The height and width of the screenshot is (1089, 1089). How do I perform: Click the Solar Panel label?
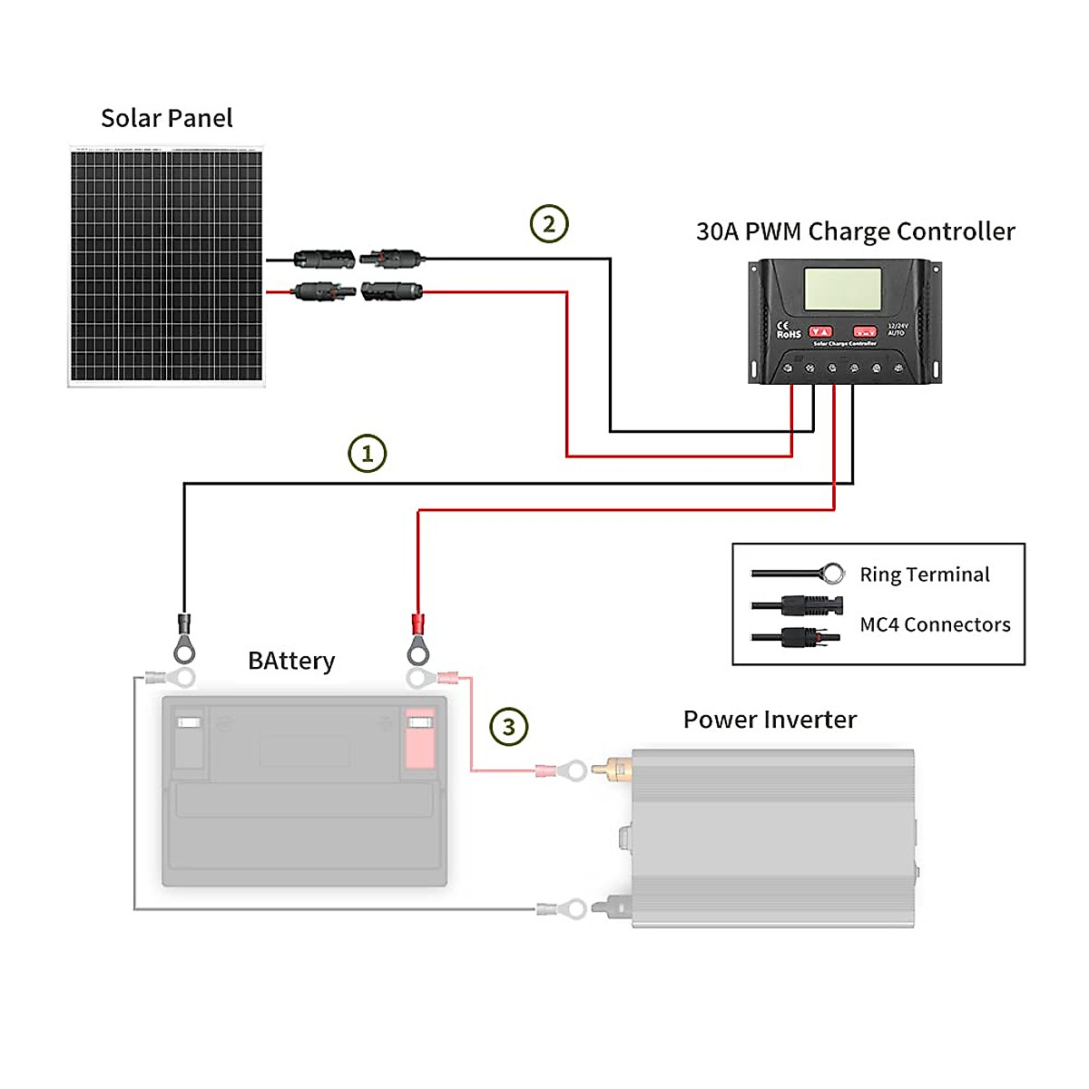click(x=167, y=118)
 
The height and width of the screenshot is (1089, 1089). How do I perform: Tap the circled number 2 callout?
click(x=549, y=223)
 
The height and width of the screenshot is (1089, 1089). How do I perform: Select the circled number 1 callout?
click(x=368, y=453)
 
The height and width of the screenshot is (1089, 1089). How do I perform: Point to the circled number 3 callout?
click(x=508, y=727)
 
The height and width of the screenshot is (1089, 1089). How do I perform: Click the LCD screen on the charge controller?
click(x=843, y=289)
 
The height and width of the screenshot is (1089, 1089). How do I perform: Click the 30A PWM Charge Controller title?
click(x=855, y=231)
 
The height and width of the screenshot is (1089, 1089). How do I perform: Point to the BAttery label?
click(x=291, y=661)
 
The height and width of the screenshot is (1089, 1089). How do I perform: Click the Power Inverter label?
click(x=770, y=720)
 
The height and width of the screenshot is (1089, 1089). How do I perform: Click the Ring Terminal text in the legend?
click(x=924, y=574)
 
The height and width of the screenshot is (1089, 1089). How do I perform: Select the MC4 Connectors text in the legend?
click(x=935, y=624)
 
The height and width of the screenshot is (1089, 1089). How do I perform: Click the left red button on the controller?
click(x=820, y=332)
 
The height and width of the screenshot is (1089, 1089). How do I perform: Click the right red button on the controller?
click(x=864, y=332)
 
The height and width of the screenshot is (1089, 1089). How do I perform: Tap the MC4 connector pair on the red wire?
click(x=358, y=291)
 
